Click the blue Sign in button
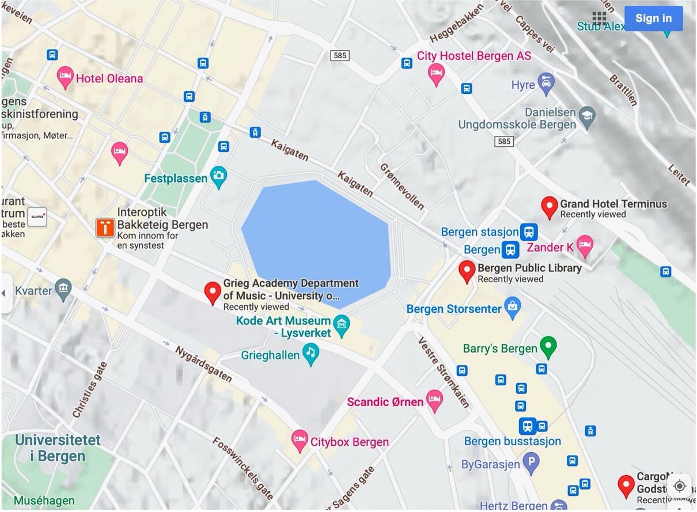(x=653, y=18)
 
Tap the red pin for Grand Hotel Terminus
(x=550, y=207)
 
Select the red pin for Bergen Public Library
(x=467, y=271)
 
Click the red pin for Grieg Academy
(x=213, y=292)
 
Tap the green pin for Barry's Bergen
(x=548, y=347)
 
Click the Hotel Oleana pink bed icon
(x=66, y=77)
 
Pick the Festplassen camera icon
(x=218, y=177)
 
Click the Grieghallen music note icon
(x=311, y=354)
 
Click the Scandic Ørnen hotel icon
(x=434, y=400)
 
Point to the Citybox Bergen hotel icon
(x=299, y=441)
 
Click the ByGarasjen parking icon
(x=531, y=462)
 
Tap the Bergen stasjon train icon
(x=528, y=232)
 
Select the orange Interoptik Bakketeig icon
(x=105, y=227)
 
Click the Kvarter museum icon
(x=63, y=289)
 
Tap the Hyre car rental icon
(x=546, y=84)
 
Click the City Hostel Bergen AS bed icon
(x=436, y=74)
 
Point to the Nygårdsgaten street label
(x=203, y=364)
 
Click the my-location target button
(x=679, y=486)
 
